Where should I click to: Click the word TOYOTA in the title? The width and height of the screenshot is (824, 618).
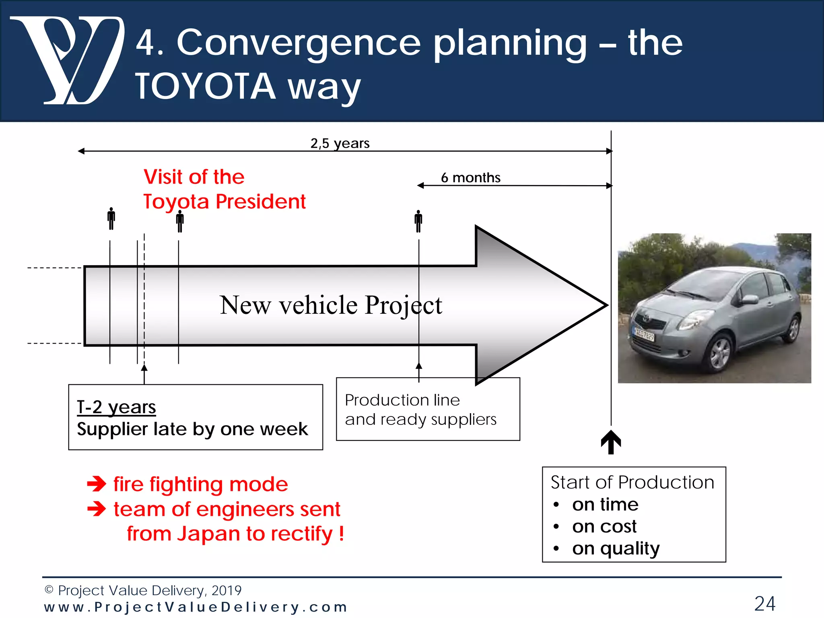click(x=205, y=86)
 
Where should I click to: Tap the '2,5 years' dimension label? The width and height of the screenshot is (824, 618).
click(x=340, y=143)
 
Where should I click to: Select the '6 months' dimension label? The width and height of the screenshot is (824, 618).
click(x=470, y=177)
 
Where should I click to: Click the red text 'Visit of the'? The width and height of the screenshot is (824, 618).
click(x=194, y=177)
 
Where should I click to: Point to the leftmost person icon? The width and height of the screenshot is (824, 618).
click(x=111, y=218)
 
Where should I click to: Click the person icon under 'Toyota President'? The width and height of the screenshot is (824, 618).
click(x=180, y=222)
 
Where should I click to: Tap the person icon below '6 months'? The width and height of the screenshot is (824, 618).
click(x=418, y=221)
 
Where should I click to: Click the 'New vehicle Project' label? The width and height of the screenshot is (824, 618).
click(x=331, y=305)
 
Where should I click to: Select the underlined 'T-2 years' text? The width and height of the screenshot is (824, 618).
click(x=116, y=407)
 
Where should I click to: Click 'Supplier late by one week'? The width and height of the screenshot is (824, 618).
click(x=192, y=429)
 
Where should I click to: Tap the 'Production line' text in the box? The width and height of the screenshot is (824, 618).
click(x=402, y=400)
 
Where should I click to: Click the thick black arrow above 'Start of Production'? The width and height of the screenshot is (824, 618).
click(x=611, y=442)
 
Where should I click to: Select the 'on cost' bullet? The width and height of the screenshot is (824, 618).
click(x=604, y=526)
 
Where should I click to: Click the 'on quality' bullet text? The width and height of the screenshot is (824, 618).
click(x=616, y=548)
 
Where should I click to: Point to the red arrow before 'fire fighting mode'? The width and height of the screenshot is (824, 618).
click(x=97, y=484)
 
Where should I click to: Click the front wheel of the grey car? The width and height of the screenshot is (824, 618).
click(x=719, y=353)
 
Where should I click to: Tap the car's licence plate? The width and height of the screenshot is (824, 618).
click(x=644, y=334)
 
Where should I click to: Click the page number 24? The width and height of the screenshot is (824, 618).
click(x=764, y=604)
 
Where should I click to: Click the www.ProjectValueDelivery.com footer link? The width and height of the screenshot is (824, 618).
click(x=196, y=607)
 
